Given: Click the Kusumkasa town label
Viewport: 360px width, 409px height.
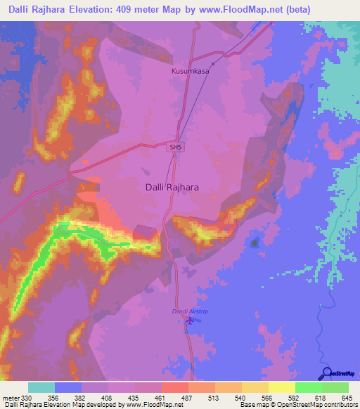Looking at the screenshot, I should pyautogui.click(x=191, y=71).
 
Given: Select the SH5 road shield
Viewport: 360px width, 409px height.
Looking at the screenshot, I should pyautogui.click(x=174, y=146).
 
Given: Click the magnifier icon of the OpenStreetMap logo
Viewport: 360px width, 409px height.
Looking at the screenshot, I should pyautogui.click(x=327, y=372).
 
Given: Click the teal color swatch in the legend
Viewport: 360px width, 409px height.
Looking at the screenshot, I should pyautogui.click(x=41, y=387).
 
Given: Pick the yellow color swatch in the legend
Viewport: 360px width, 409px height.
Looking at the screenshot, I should pyautogui.click(x=281, y=387).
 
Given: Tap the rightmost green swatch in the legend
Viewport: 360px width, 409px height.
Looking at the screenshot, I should pyautogui.click(x=335, y=387).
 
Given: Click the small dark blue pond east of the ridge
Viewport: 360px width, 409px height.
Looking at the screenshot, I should pyautogui.click(x=254, y=243).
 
